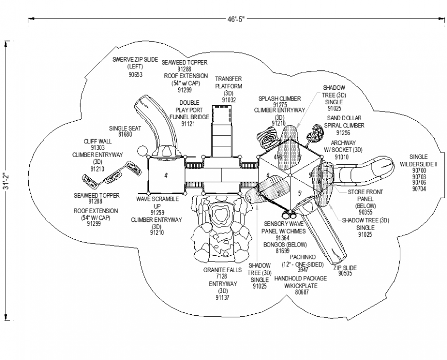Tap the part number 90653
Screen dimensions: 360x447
(x=135, y=75)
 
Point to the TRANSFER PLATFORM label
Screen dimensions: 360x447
(x=229, y=82)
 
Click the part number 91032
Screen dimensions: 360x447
(x=229, y=100)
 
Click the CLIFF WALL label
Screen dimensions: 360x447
(x=98, y=141)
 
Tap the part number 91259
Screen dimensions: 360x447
(x=157, y=213)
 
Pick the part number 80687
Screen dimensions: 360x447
(x=303, y=292)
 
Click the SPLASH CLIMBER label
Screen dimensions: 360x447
(x=280, y=98)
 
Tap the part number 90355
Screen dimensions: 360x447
(x=365, y=212)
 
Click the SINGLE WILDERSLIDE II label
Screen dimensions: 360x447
(x=423, y=160)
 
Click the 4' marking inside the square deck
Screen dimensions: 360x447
(x=166, y=176)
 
